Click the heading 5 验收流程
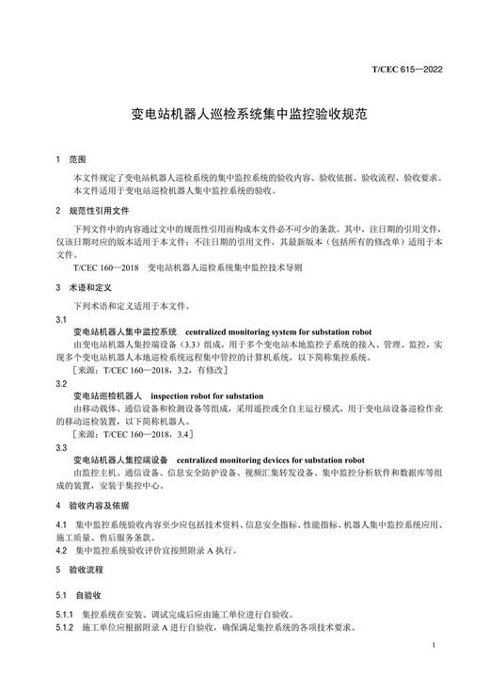85,570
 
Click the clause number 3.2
61,384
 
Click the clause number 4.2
61,550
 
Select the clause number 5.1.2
66,627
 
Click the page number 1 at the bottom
431,646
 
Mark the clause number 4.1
61,523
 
